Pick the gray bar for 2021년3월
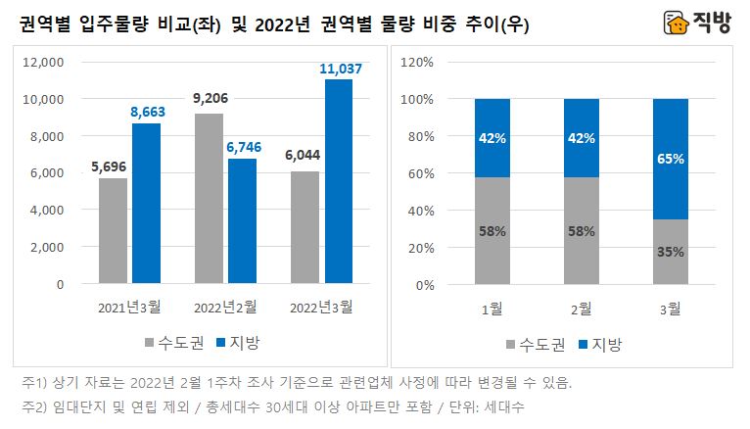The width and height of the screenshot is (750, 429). (x=114, y=231)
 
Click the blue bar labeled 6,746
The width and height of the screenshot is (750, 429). (x=242, y=221)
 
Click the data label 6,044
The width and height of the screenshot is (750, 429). (x=305, y=156)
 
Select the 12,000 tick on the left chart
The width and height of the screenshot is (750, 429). (x=42, y=62)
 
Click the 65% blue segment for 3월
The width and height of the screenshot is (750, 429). (x=671, y=159)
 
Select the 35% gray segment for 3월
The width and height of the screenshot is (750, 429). (x=671, y=252)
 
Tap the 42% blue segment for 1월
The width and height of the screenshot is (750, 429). (x=492, y=137)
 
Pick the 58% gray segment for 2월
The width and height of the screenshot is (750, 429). (x=582, y=231)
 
